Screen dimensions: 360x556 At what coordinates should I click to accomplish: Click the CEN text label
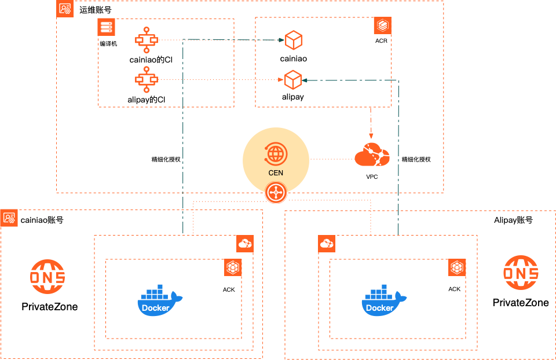pyautogui.click(x=276, y=173)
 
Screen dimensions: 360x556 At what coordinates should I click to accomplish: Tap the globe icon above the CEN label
pyautogui.click(x=276, y=154)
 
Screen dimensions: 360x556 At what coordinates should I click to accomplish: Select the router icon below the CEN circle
pyautogui.click(x=276, y=193)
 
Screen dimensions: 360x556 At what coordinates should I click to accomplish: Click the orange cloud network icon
pyautogui.click(x=372, y=155)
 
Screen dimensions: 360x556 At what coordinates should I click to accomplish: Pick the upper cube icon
pyautogui.click(x=294, y=40)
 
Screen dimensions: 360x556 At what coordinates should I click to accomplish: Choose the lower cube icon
pyautogui.click(x=293, y=80)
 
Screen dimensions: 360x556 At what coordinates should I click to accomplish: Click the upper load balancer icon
pyautogui.click(x=147, y=39)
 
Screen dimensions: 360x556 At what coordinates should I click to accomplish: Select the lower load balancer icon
pyautogui.click(x=147, y=79)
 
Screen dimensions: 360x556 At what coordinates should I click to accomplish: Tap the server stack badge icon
pyautogui.click(x=106, y=27)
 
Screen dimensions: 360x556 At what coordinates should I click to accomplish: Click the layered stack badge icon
pyautogui.click(x=382, y=25)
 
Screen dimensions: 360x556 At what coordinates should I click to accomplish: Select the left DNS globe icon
pyautogui.click(x=47, y=276)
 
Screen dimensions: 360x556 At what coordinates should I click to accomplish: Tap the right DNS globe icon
pyautogui.click(x=521, y=272)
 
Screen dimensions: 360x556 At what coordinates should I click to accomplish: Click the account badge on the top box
pyautogui.click(x=65, y=9)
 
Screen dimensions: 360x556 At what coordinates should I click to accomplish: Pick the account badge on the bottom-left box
pyautogui.click(x=9, y=218)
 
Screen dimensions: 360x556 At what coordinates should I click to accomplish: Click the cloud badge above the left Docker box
pyautogui.click(x=245, y=244)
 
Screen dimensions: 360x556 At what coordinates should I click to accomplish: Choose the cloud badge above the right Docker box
pyautogui.click(x=327, y=244)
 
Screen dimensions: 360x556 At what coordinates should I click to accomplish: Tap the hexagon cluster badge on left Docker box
pyautogui.click(x=233, y=267)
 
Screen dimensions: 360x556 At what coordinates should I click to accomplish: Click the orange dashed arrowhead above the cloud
pyautogui.click(x=371, y=135)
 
